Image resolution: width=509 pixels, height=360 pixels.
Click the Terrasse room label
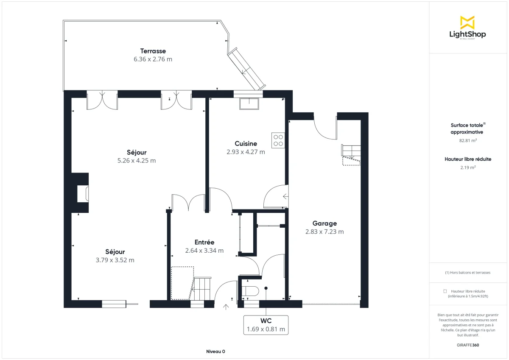click(x=153, y=51)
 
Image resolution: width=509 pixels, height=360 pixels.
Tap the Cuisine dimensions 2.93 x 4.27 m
click(x=246, y=152)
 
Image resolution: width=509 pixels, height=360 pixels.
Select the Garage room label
click(x=324, y=223)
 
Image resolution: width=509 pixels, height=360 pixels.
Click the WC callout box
click(x=266, y=325)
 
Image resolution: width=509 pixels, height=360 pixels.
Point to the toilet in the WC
click(x=250, y=291)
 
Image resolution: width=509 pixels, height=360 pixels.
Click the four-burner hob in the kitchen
click(x=278, y=140)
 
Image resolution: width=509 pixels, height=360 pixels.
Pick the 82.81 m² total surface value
click(x=467, y=140)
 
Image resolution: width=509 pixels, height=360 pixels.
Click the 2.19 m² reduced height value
click(x=467, y=167)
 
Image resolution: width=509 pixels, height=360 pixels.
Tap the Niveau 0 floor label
click(x=215, y=352)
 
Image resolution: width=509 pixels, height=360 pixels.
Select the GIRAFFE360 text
click(x=467, y=345)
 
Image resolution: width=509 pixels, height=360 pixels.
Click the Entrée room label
click(x=204, y=242)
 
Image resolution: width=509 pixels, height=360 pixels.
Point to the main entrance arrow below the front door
click(x=226, y=306)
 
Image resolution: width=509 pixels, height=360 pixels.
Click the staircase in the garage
click(x=351, y=154)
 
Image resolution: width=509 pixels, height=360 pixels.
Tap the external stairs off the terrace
click(x=246, y=69)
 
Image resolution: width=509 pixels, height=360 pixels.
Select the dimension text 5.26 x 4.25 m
click(x=137, y=161)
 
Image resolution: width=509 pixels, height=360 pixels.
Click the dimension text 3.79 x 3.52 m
click(x=115, y=260)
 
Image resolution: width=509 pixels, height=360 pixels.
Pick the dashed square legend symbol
click(x=445, y=291)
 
